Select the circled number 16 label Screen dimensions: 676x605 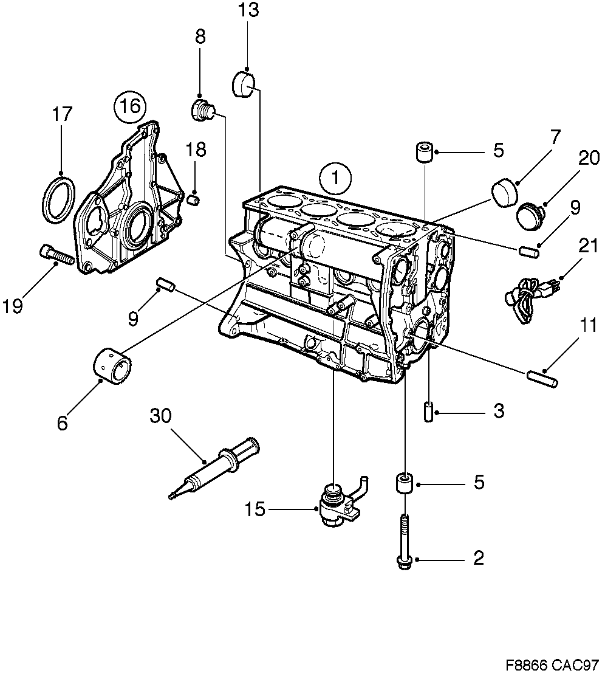click(129, 107)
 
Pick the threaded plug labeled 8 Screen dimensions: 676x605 click(202, 110)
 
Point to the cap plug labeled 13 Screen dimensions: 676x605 click(245, 83)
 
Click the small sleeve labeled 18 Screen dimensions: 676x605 click(194, 199)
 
